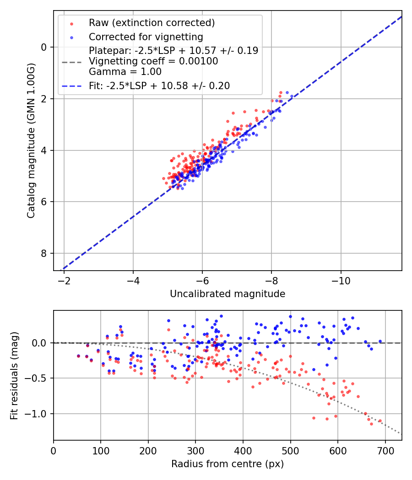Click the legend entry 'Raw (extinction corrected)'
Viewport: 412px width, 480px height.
point(152,23)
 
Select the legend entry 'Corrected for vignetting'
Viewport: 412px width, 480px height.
point(146,37)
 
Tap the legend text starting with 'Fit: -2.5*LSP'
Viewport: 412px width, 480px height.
point(159,85)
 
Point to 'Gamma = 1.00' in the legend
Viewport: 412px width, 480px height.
point(125,71)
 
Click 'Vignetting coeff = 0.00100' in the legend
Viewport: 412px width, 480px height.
point(153,61)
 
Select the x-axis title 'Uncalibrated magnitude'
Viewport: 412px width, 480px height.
point(228,294)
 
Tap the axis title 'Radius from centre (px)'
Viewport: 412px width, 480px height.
point(228,464)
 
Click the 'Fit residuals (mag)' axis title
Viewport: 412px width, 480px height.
point(14,375)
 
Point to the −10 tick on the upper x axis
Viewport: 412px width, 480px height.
point(341,280)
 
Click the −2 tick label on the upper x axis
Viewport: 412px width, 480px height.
point(64,280)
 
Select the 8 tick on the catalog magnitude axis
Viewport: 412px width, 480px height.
point(44,253)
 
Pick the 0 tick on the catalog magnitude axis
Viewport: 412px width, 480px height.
point(44,47)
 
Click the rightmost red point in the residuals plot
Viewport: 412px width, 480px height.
point(380,421)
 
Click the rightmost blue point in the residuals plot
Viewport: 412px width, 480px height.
point(380,341)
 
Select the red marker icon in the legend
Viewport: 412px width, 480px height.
point(71,23)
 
